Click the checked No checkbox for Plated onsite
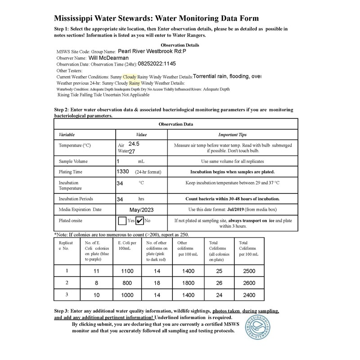[x=139, y=220]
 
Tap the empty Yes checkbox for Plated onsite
[x=122, y=220]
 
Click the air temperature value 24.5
[x=134, y=144]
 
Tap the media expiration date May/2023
[x=141, y=209]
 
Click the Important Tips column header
[x=232, y=134]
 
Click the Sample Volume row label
[x=73, y=161]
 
